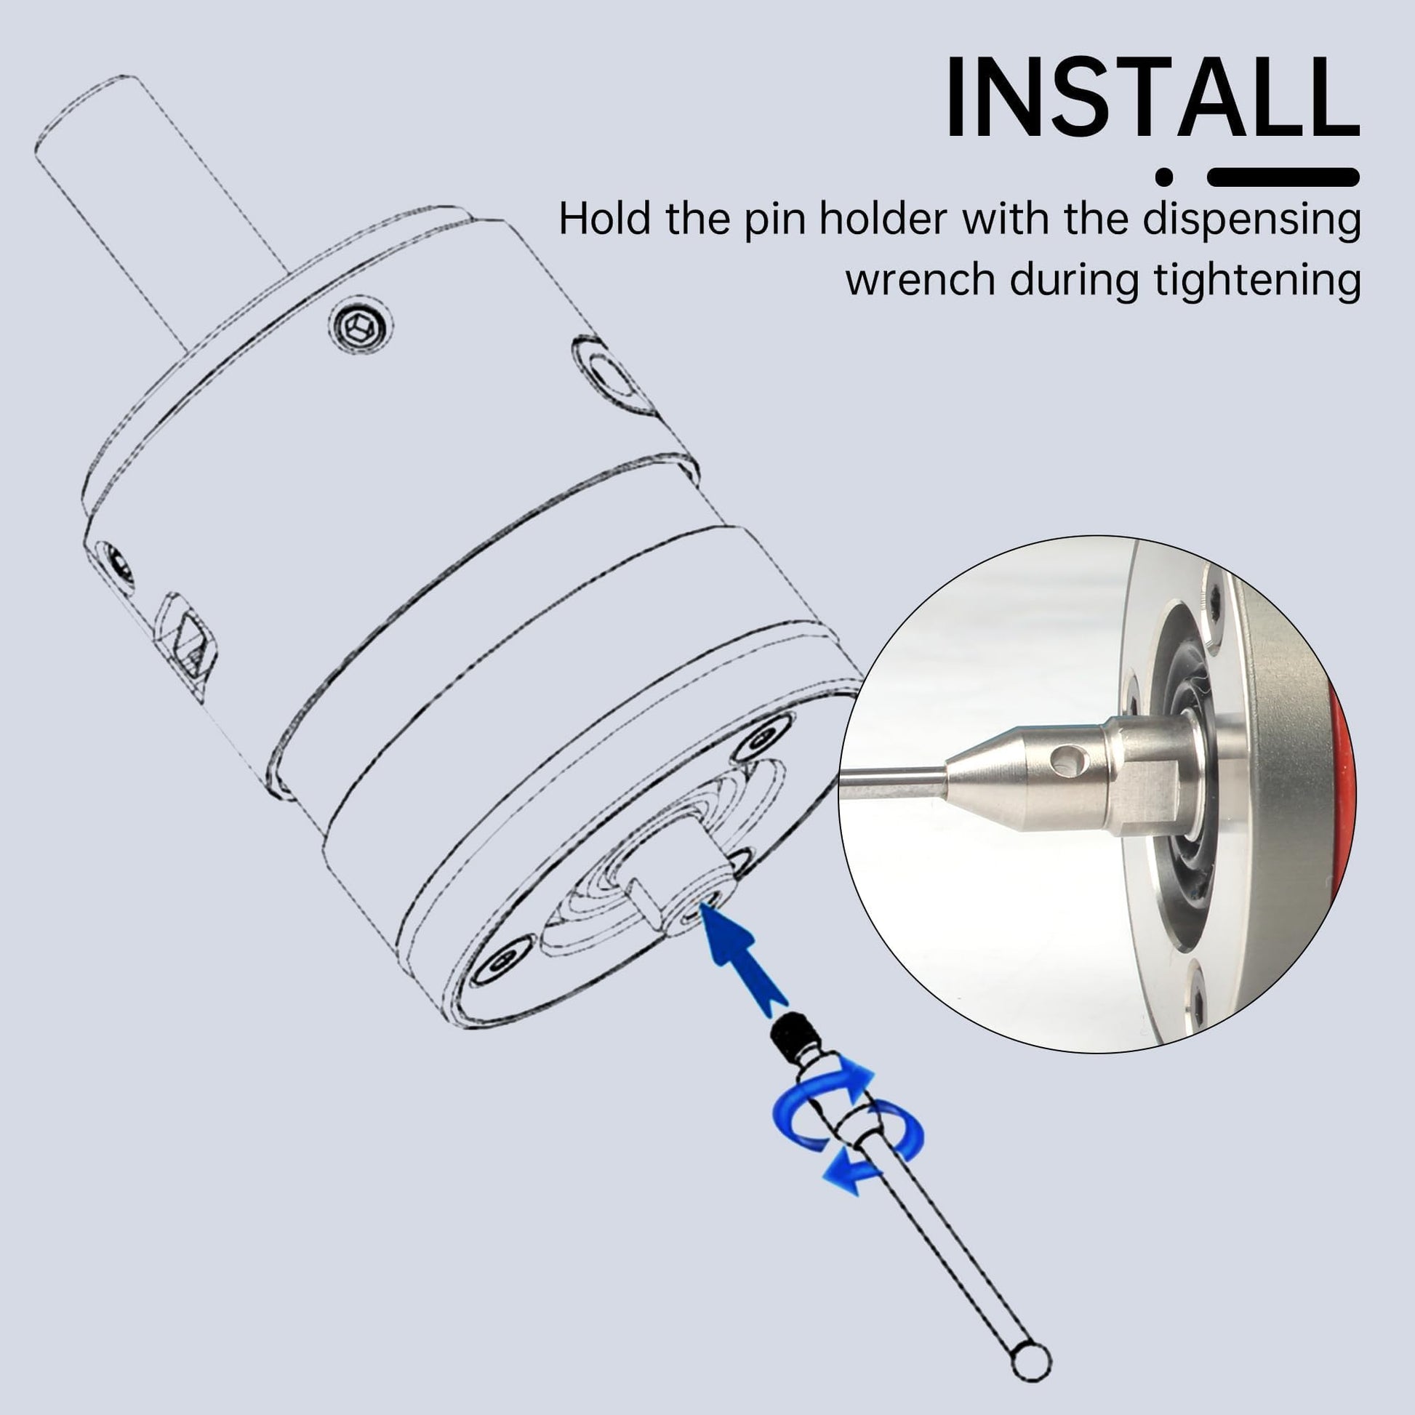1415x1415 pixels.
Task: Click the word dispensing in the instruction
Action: [x=1251, y=218]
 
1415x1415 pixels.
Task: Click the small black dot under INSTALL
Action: [x=1164, y=177]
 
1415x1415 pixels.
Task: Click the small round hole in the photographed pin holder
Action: [x=1066, y=763]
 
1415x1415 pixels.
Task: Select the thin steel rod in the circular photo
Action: [x=894, y=782]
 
